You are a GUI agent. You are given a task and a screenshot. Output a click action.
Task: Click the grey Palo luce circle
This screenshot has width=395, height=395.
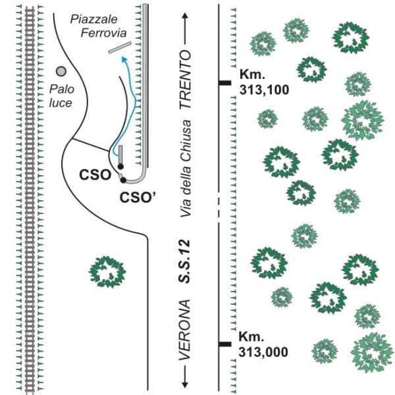[61, 71]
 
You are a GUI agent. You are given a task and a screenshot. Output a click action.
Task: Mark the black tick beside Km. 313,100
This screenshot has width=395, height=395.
[224, 82]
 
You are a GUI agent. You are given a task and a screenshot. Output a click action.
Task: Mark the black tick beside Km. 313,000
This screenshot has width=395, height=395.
[224, 344]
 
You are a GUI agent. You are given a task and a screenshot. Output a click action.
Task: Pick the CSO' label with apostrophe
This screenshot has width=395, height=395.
[138, 196]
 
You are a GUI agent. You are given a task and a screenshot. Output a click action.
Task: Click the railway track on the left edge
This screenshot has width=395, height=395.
[29, 197]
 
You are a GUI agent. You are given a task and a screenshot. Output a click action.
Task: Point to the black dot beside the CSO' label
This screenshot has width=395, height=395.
[123, 180]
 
